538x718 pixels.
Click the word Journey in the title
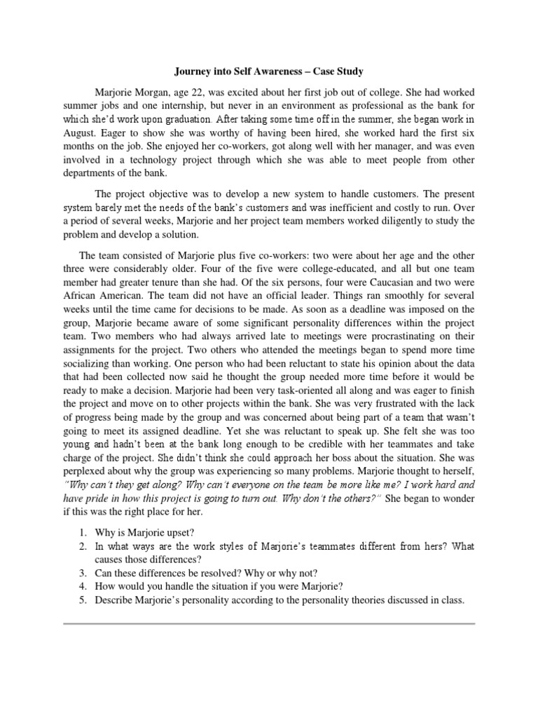pyautogui.click(x=191, y=72)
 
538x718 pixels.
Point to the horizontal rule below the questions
pyautogui.click(x=269, y=623)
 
